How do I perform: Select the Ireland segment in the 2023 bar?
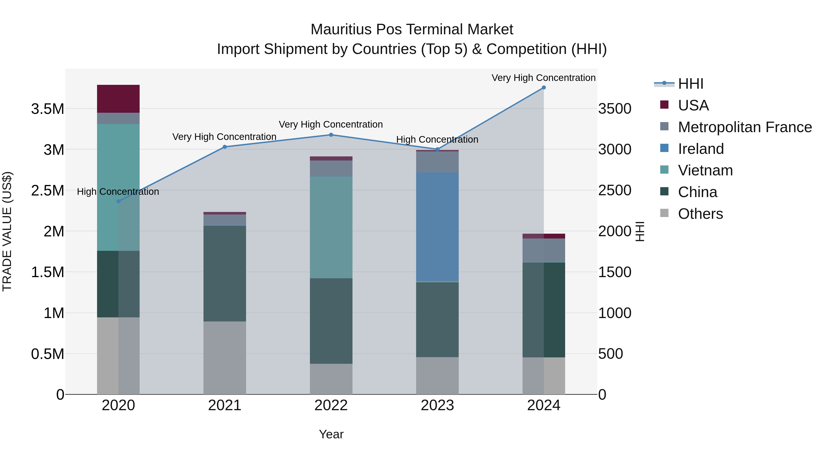[x=437, y=227]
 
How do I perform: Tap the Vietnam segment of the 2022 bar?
[x=331, y=227]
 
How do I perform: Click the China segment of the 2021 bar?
[x=225, y=273]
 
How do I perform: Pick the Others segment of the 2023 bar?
[x=437, y=375]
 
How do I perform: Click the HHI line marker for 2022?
[x=331, y=135]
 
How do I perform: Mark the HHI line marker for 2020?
[x=118, y=201]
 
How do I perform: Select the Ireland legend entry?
[x=701, y=149]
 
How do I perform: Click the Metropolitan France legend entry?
[x=745, y=127]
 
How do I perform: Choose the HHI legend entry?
[x=690, y=84]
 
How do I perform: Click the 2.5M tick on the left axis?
[x=47, y=190]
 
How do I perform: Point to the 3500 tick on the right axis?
[x=615, y=109]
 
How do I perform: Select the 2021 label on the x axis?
[x=225, y=405]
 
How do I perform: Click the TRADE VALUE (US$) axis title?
[x=7, y=231]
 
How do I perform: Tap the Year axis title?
[x=331, y=434]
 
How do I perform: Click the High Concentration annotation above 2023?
[x=437, y=140]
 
